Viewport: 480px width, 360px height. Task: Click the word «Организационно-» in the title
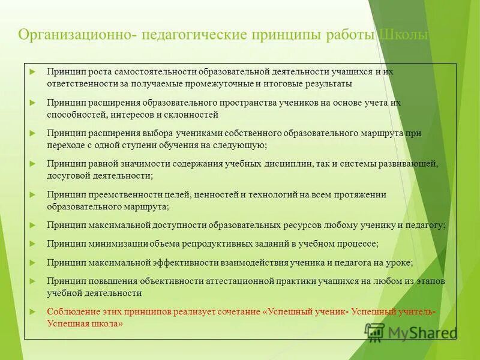pos(76,35)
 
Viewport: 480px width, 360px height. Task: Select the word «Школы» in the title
pos(403,35)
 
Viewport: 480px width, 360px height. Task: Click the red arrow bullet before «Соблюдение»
pos(33,311)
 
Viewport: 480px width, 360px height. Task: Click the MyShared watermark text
pos(420,332)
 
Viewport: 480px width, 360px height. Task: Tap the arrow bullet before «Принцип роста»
pos(33,71)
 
